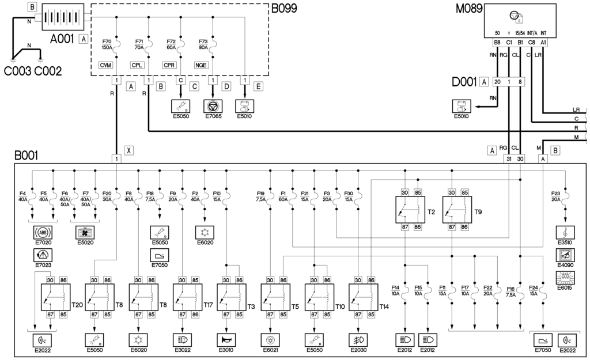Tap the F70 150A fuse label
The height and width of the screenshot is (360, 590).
[107, 44]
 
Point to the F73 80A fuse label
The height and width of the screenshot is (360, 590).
[203, 44]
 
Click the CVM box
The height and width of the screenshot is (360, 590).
[105, 65]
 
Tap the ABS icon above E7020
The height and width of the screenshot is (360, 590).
[41, 233]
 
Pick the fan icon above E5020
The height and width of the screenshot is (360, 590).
[85, 233]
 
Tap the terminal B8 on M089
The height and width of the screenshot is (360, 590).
[497, 41]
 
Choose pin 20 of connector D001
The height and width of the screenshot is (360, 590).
[497, 82]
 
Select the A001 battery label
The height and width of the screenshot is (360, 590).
[62, 39]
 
